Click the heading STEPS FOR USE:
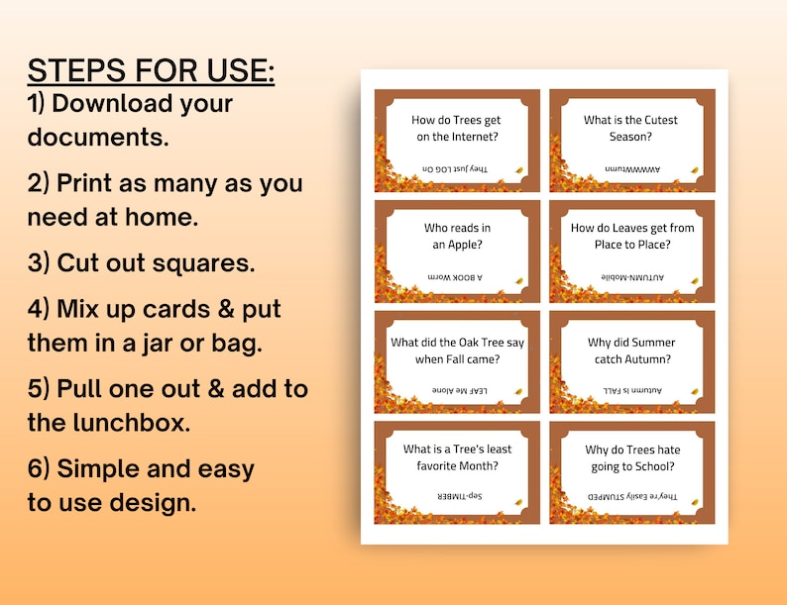click(x=151, y=71)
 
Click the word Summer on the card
click(x=652, y=343)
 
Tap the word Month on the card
click(x=478, y=465)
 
